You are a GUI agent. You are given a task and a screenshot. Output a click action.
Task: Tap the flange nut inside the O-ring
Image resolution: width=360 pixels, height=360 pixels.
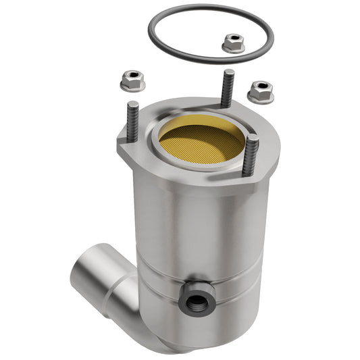coord(233,44)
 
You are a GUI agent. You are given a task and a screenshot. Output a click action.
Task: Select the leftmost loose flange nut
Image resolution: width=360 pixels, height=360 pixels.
coord(131,81)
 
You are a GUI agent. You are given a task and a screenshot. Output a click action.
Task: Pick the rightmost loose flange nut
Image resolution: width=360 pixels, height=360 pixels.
coord(260,91)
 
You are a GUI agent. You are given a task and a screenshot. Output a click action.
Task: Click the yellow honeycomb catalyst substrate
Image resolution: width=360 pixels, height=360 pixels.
coord(201,143)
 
